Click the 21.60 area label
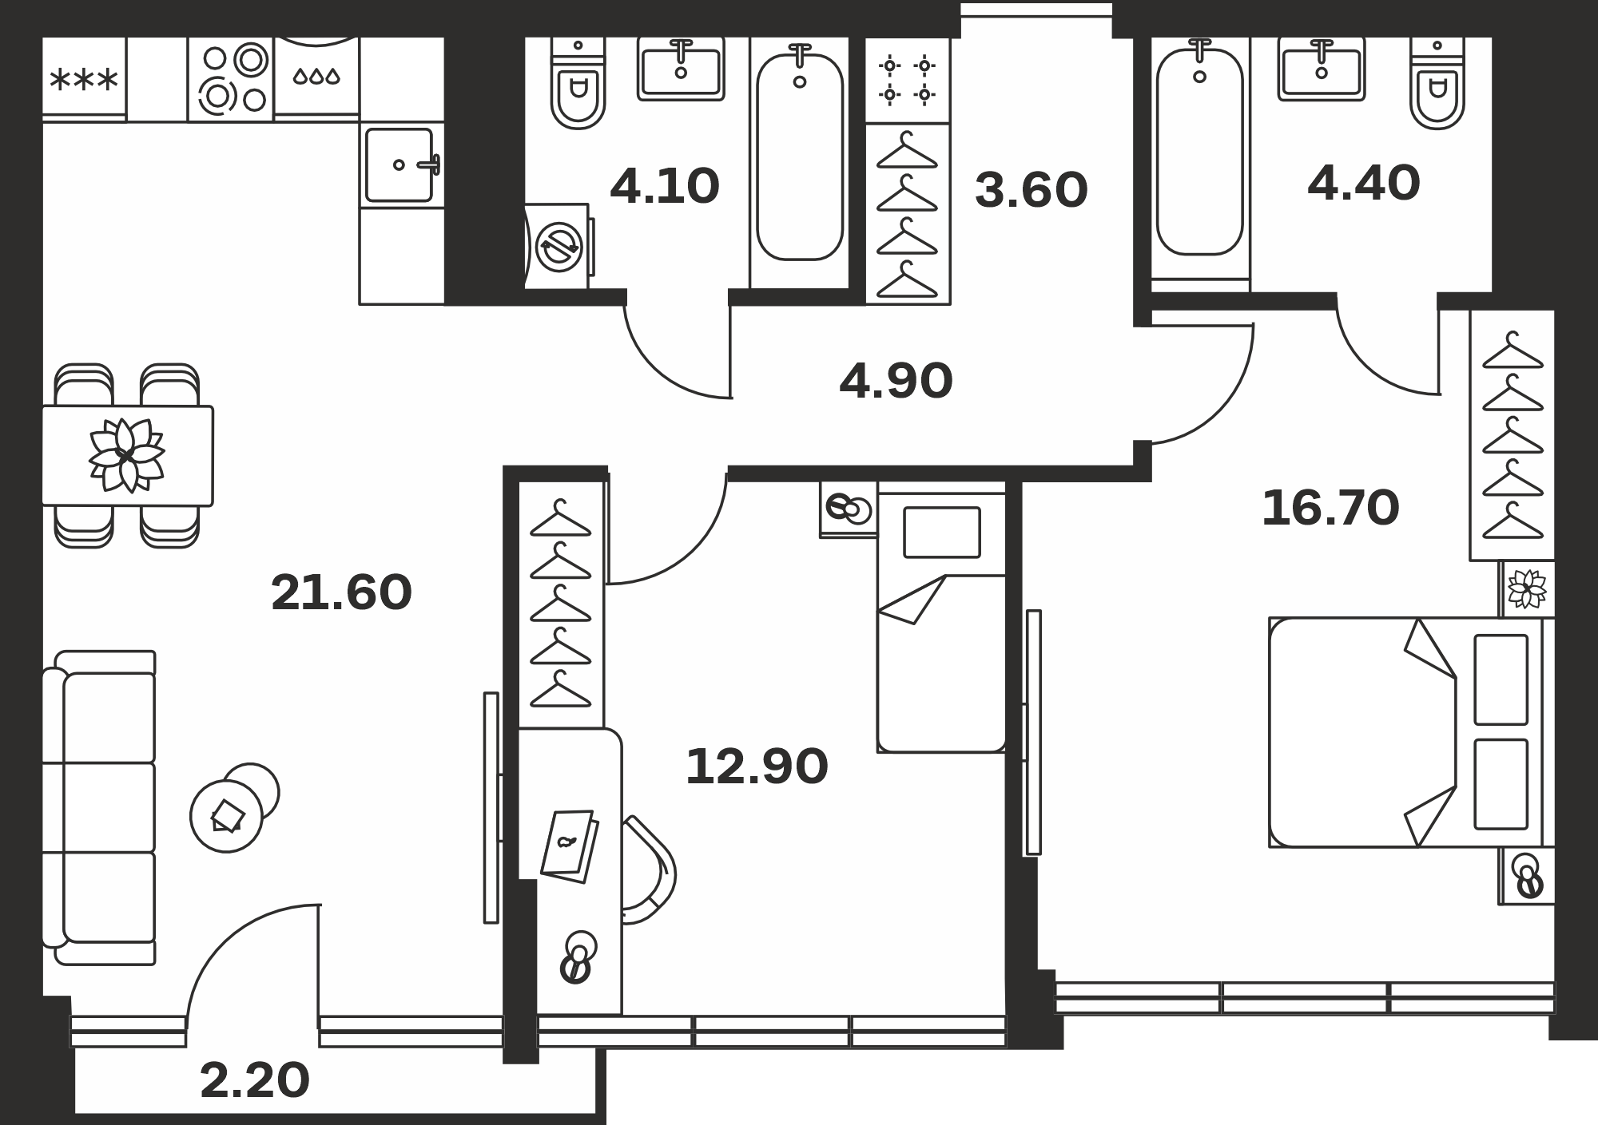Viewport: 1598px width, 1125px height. pyautogui.click(x=341, y=592)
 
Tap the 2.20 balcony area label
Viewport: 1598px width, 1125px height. pyautogui.click(x=254, y=1080)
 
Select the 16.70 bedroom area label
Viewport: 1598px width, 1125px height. pyautogui.click(x=1330, y=508)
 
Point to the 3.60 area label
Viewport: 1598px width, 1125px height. pyautogui.click(x=1031, y=190)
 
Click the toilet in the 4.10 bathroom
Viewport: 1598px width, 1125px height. pyautogui.click(x=578, y=83)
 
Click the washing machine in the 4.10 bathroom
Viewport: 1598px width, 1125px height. pyautogui.click(x=559, y=246)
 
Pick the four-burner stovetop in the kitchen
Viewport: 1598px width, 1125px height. pyautogui.click(x=232, y=79)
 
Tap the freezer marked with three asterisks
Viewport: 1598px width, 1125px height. pyautogui.click(x=84, y=79)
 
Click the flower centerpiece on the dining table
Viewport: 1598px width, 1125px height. pyautogui.click(x=126, y=456)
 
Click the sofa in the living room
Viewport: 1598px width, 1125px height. pyautogui.click(x=98, y=807)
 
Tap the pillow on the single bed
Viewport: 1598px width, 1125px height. pyautogui.click(x=942, y=533)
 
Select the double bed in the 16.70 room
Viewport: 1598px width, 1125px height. pyautogui.click(x=1412, y=732)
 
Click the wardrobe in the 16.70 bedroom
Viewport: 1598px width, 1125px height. pyautogui.click(x=1513, y=435)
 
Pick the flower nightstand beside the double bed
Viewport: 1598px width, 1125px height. pyautogui.click(x=1528, y=589)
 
